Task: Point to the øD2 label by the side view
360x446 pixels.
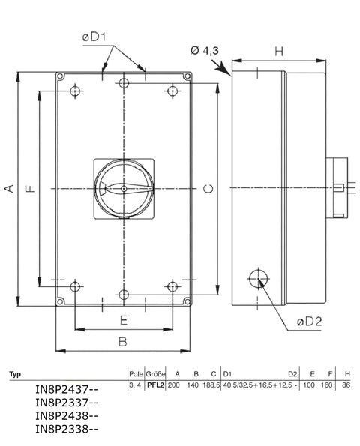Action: click(309, 322)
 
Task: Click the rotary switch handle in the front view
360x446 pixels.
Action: click(124, 189)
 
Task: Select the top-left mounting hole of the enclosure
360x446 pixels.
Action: click(74, 91)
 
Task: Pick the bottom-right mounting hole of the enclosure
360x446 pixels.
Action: click(173, 286)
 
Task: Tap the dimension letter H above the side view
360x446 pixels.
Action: click(279, 51)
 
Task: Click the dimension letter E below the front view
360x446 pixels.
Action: click(124, 320)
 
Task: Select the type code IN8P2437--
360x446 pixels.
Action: click(67, 390)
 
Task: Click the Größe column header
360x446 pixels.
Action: click(155, 373)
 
